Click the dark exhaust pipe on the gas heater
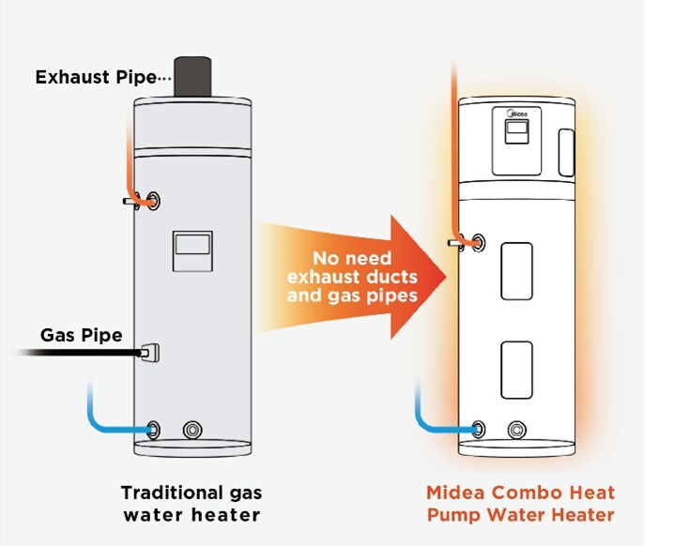tap(192, 77)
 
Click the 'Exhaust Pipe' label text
tap(96, 77)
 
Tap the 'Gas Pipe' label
tap(82, 335)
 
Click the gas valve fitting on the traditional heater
tap(150, 353)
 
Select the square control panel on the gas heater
tap(192, 251)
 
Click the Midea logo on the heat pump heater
tap(517, 114)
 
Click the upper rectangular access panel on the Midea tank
tap(516, 271)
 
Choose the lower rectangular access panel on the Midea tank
tap(516, 370)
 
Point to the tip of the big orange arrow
tap(446, 277)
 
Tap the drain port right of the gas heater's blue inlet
tap(192, 430)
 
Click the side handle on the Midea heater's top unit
tap(566, 153)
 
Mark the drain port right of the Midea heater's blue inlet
tap(516, 430)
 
